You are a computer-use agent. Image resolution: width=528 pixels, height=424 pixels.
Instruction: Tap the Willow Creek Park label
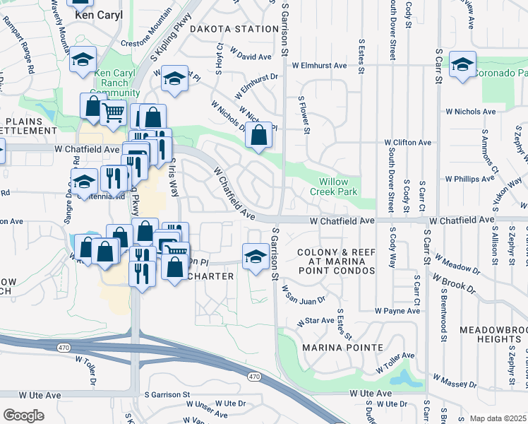pyautogui.click(x=335, y=187)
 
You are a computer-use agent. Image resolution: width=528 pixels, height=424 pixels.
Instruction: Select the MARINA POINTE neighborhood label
pyautogui.click(x=342, y=348)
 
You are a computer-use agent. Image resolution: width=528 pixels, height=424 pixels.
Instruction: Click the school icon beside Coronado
pyautogui.click(x=462, y=66)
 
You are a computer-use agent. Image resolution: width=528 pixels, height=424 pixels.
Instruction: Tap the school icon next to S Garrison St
pyautogui.click(x=256, y=257)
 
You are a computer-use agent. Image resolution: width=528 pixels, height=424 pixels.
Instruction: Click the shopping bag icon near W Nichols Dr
pyautogui.click(x=259, y=134)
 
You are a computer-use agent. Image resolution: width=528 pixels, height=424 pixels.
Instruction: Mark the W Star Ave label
pyautogui.click(x=316, y=321)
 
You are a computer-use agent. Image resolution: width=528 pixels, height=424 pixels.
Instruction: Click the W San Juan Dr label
pyautogui.click(x=304, y=294)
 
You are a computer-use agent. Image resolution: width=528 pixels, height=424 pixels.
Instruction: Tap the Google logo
pyautogui.click(x=23, y=415)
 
